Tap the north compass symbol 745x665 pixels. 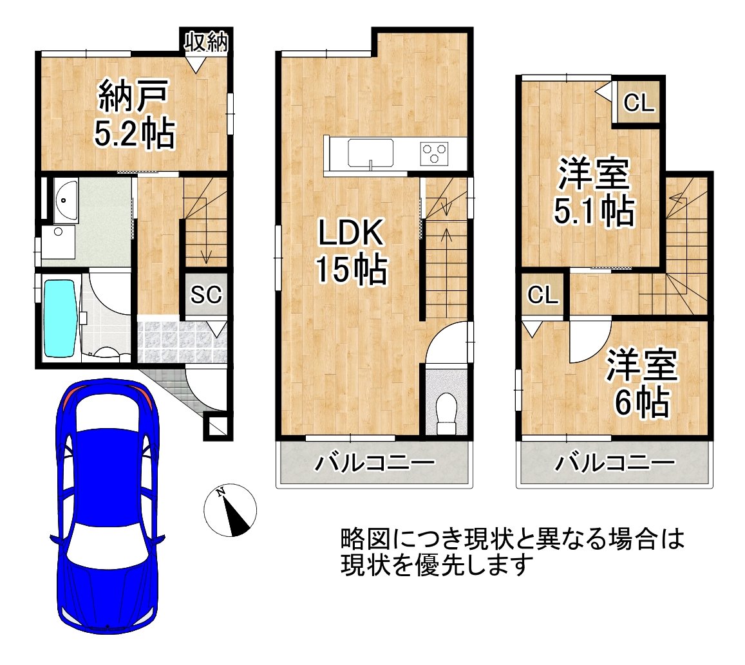tap(230, 510)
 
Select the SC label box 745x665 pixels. tap(206, 295)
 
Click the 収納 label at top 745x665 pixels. tap(206, 42)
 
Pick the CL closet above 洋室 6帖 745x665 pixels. tap(543, 295)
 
